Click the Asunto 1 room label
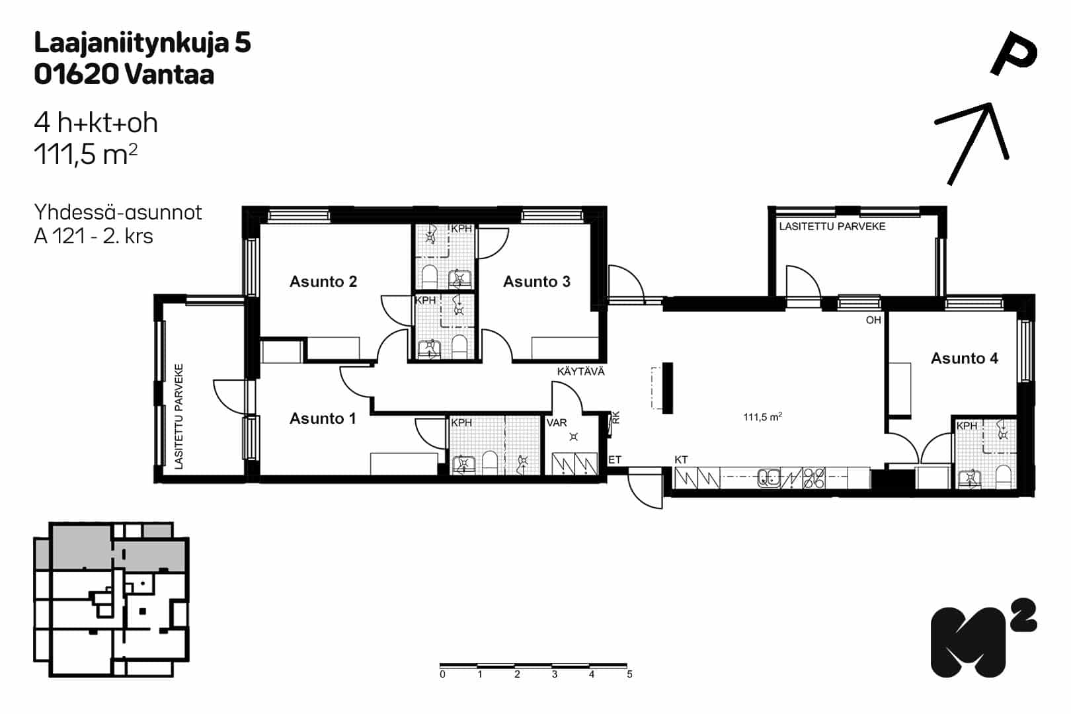click(x=323, y=418)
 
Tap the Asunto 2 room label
click(x=323, y=281)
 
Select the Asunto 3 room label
click(x=536, y=281)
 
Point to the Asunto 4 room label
click(x=964, y=358)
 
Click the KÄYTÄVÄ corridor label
click(x=580, y=371)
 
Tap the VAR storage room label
click(x=557, y=422)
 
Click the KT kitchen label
click(x=681, y=459)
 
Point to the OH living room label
click(x=873, y=320)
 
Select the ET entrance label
click(x=615, y=459)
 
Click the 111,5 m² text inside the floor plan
click(x=762, y=417)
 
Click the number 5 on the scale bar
click(x=629, y=674)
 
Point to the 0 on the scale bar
click(x=442, y=674)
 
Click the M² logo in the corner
click(x=983, y=637)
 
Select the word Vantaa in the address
click(x=169, y=75)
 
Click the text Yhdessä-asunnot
click(x=118, y=212)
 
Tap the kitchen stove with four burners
click(x=813, y=478)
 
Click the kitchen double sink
click(x=770, y=478)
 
